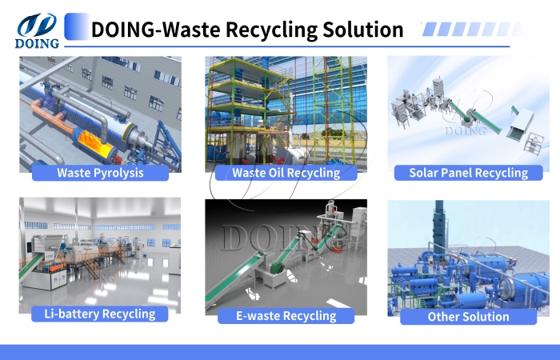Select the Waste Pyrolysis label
(x=101, y=172)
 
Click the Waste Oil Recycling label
(x=286, y=172)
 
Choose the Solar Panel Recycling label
(x=468, y=172)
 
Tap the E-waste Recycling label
(x=286, y=316)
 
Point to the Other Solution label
(x=468, y=316)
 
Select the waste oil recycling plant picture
(x=286, y=108)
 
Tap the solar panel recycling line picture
(x=468, y=108)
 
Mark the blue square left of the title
(x=76, y=26)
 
